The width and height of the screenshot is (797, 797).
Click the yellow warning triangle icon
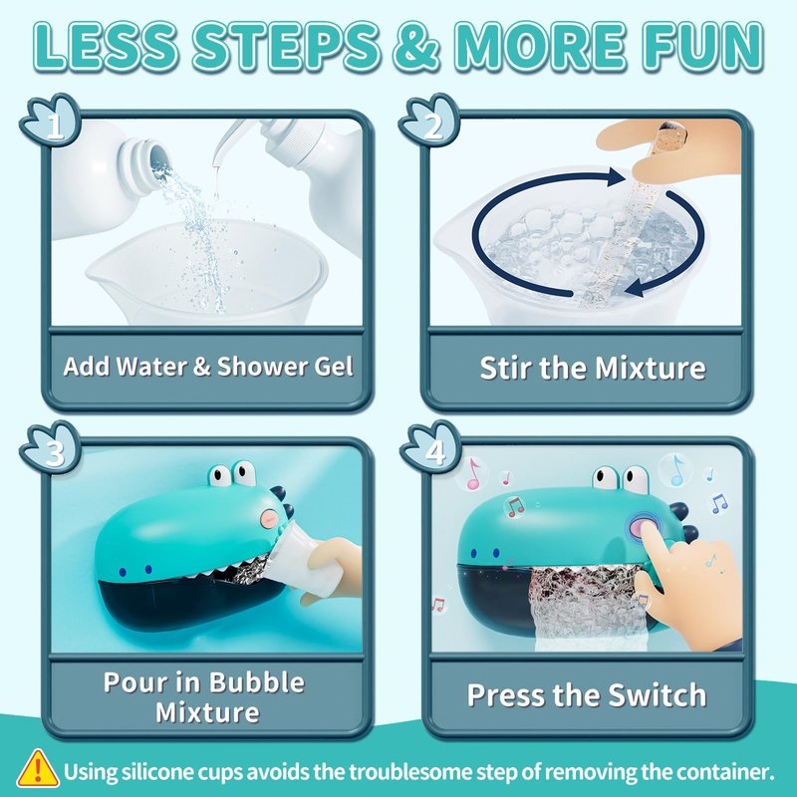tap(37, 768)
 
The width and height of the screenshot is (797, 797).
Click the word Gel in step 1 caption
tap(334, 367)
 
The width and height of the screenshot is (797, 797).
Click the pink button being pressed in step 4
tap(644, 526)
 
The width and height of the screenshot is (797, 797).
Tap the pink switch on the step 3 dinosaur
tap(270, 518)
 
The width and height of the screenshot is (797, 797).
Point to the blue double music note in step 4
tap(719, 503)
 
